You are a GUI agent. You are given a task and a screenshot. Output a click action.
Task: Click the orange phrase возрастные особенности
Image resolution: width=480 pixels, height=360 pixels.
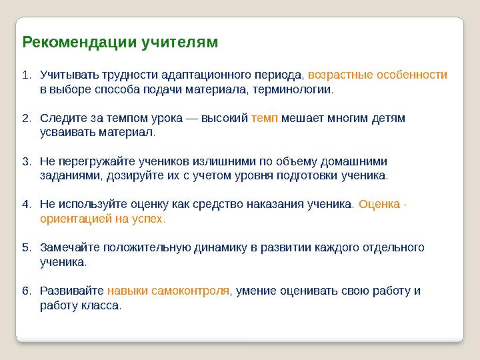click(x=377, y=75)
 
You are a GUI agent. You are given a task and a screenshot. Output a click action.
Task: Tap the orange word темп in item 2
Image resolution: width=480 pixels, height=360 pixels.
click(x=265, y=118)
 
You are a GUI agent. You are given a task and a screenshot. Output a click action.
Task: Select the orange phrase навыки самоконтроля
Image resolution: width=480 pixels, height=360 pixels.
click(x=168, y=291)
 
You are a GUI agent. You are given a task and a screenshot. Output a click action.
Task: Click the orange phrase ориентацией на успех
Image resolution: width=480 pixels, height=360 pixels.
click(x=103, y=219)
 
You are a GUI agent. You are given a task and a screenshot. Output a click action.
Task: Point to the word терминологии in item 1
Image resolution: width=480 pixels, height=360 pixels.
click(x=299, y=89)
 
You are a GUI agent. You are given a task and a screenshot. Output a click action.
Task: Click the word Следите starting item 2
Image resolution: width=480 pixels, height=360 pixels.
click(x=63, y=118)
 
